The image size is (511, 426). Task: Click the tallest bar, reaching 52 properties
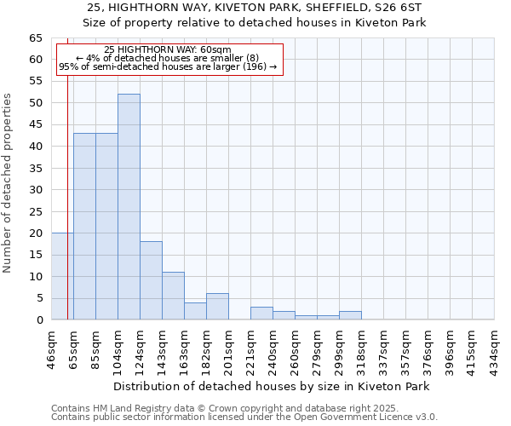coord(129,206)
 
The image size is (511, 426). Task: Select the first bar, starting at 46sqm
coord(61,276)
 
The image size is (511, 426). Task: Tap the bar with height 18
coord(151,280)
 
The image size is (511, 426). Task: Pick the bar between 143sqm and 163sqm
coord(173,296)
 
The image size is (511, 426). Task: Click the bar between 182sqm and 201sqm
coord(217,307)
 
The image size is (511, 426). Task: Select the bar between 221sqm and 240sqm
coord(261,314)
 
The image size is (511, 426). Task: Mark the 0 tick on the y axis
coord(38,320)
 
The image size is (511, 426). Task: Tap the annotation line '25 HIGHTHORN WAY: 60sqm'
coord(168,50)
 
